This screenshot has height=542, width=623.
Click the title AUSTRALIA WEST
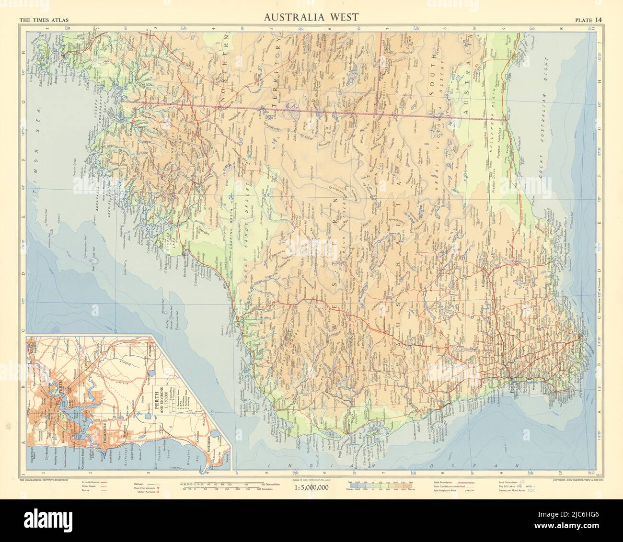pyautogui.click(x=311, y=18)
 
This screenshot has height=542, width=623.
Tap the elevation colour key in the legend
pyautogui.click(x=379, y=484)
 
